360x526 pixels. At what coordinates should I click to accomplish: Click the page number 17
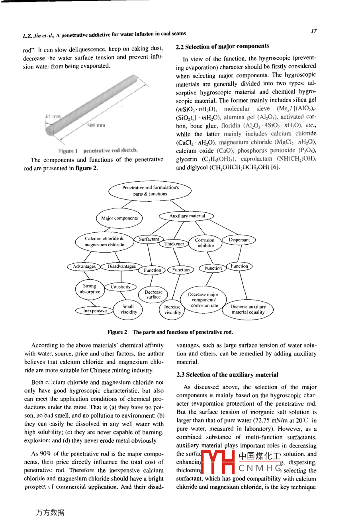coord(314,31)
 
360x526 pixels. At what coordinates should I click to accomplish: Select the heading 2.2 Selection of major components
coord(222,47)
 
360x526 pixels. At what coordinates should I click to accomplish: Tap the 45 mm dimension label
coord(53,116)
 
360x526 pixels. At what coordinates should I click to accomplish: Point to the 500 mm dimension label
coord(96,125)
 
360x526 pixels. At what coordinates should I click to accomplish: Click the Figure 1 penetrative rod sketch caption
coord(98,151)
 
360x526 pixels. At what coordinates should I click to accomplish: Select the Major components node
coord(119,218)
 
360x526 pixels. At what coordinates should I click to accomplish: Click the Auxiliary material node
coord(187,216)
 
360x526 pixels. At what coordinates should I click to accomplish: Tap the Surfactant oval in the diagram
coord(149,239)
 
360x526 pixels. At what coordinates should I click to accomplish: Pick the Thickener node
coord(174,244)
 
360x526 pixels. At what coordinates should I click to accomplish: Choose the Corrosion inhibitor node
coord(205,243)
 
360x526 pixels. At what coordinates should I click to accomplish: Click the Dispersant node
coord(239,240)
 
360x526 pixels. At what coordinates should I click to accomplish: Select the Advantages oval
coord(84,266)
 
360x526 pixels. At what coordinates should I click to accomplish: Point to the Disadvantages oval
coord(121,266)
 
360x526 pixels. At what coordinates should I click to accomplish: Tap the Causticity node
coord(120,287)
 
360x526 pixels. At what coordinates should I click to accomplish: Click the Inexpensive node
coord(94,310)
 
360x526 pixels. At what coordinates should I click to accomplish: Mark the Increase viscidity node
coord(172,310)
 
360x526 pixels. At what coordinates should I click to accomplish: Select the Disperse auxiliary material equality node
coord(248,310)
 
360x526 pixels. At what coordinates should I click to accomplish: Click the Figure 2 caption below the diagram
coord(170,332)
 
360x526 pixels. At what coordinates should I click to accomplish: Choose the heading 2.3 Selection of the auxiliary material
coord(227,375)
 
